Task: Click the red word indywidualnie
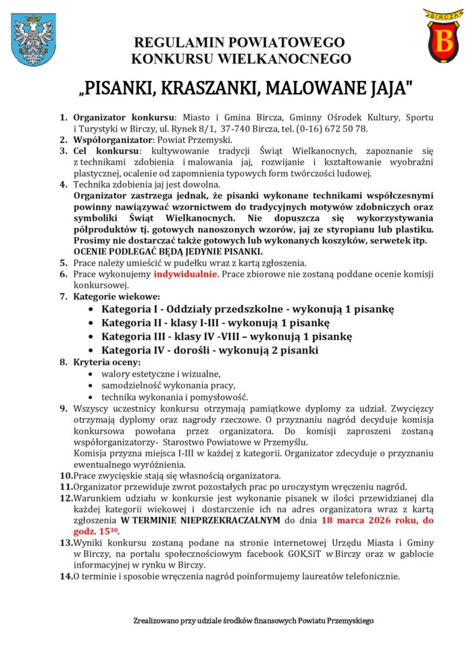click(x=185, y=274)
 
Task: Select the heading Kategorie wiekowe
click(x=117, y=296)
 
